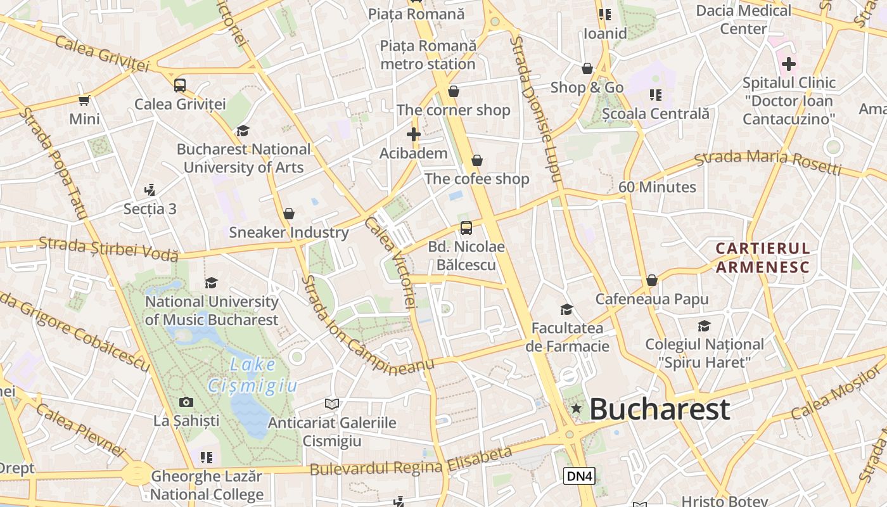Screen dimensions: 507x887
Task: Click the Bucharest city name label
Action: (660, 409)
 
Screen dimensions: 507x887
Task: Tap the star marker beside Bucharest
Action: (576, 409)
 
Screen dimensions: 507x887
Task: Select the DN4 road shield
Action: (579, 476)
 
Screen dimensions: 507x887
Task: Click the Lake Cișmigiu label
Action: (253, 375)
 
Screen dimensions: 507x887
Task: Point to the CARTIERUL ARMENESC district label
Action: (763, 257)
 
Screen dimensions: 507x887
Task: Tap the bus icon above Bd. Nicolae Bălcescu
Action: (466, 228)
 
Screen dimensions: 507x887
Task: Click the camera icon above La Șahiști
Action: (186, 402)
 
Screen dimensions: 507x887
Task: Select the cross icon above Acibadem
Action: (414, 134)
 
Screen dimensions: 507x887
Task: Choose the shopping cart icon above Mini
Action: (84, 100)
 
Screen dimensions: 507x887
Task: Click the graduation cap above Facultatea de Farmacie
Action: (566, 309)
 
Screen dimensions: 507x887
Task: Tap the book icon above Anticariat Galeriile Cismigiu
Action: (331, 404)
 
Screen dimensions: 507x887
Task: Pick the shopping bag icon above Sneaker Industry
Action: (289, 214)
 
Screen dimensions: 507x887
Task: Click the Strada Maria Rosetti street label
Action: (768, 162)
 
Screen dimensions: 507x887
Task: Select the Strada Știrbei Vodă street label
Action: (108, 249)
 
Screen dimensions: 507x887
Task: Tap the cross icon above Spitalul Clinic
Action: (789, 64)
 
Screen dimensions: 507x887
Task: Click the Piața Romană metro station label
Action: (428, 55)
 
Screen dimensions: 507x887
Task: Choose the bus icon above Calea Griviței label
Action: (180, 85)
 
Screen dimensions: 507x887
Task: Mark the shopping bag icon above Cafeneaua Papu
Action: (652, 280)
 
